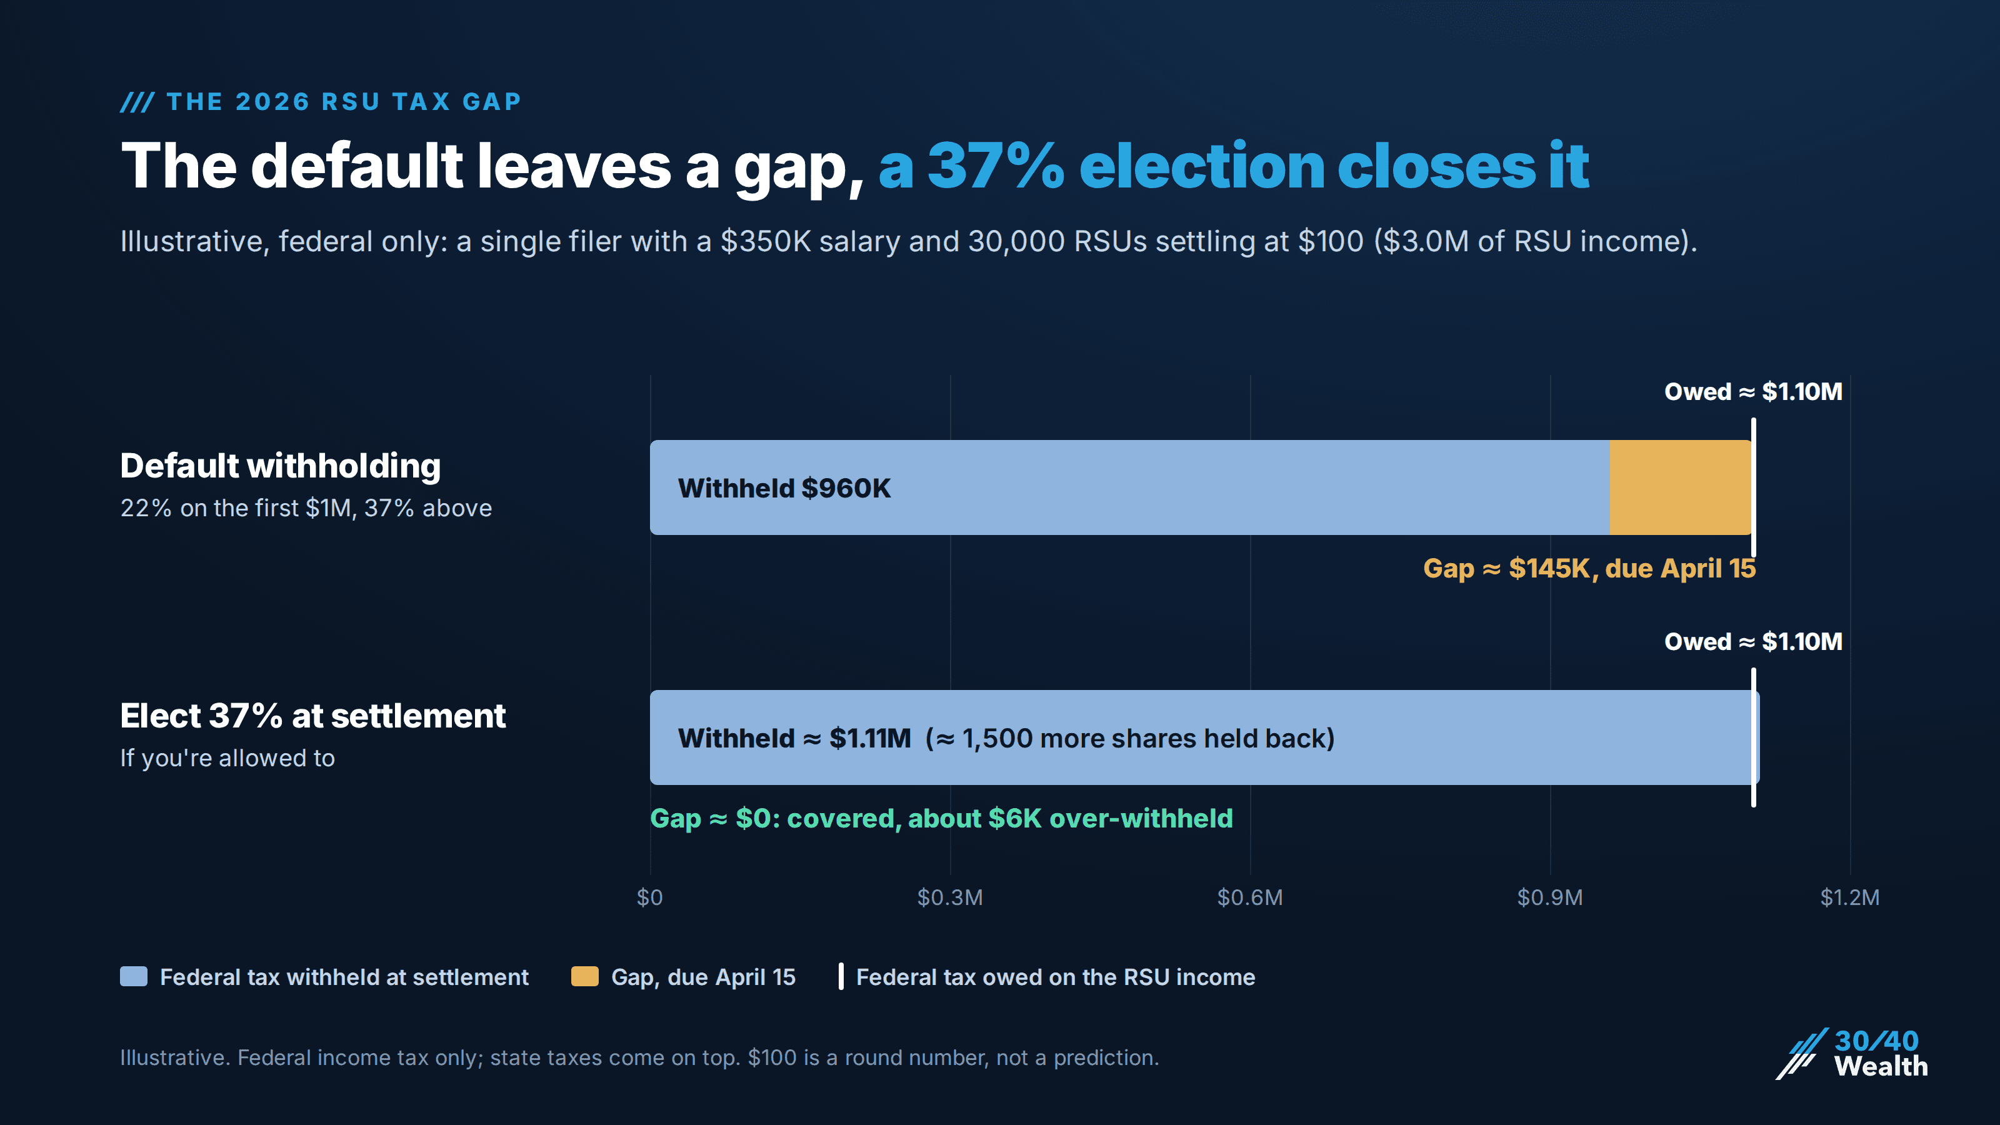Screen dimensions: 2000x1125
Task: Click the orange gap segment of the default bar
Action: click(1681, 487)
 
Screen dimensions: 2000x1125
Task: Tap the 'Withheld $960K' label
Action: click(784, 488)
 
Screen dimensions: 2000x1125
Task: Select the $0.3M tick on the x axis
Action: click(949, 897)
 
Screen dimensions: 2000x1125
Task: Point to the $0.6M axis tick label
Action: click(1250, 897)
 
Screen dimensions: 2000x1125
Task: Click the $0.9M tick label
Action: click(1550, 897)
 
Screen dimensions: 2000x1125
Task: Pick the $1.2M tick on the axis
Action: click(1850, 897)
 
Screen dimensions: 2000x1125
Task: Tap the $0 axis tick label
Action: click(650, 897)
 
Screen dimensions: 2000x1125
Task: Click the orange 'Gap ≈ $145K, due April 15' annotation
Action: click(1589, 568)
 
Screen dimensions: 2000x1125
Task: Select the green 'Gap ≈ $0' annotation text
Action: click(941, 818)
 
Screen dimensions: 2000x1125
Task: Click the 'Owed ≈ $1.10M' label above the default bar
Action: click(1753, 391)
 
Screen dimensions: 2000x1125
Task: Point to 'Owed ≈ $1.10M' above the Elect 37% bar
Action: click(1753, 641)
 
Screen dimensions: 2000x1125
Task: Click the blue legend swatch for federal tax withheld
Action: click(134, 977)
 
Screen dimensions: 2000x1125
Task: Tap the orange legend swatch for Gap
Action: click(584, 977)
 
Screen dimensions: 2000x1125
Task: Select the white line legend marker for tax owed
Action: click(841, 977)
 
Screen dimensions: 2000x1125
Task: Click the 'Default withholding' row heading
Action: click(280, 466)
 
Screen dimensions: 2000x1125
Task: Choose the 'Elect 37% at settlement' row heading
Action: click(313, 716)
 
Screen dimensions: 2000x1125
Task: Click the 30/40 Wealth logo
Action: click(1852, 1054)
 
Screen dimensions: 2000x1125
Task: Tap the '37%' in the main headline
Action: click(996, 166)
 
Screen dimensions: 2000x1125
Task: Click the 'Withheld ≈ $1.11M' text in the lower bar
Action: click(794, 738)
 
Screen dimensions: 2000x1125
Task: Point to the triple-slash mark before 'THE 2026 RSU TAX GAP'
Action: click(137, 102)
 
